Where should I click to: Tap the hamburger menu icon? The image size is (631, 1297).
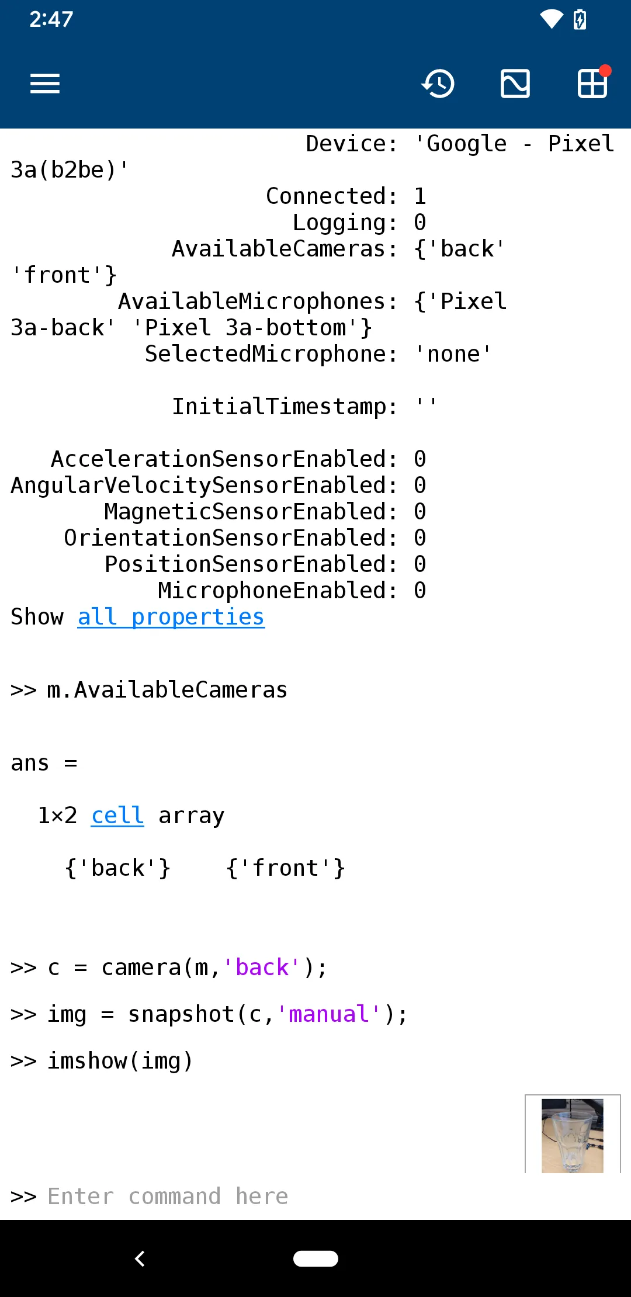click(45, 84)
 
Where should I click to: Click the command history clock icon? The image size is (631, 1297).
click(438, 84)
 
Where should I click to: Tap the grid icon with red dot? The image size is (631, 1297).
click(592, 83)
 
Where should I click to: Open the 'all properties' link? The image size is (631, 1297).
click(171, 617)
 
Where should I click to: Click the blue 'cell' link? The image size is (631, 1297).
click(117, 816)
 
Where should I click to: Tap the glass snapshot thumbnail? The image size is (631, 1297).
click(572, 1135)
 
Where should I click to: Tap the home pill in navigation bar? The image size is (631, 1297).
click(315, 1258)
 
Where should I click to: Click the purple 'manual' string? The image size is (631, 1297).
click(328, 1014)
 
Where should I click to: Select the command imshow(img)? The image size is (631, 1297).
click(120, 1061)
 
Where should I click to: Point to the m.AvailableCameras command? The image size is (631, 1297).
click(167, 690)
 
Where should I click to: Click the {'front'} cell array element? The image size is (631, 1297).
click(285, 868)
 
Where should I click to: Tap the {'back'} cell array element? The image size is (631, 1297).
click(117, 868)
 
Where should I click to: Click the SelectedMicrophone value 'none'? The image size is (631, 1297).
click(453, 354)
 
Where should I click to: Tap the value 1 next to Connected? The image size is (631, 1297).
click(420, 196)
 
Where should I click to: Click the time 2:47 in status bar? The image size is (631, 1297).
click(51, 19)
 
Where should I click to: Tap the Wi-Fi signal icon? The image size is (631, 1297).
click(551, 19)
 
